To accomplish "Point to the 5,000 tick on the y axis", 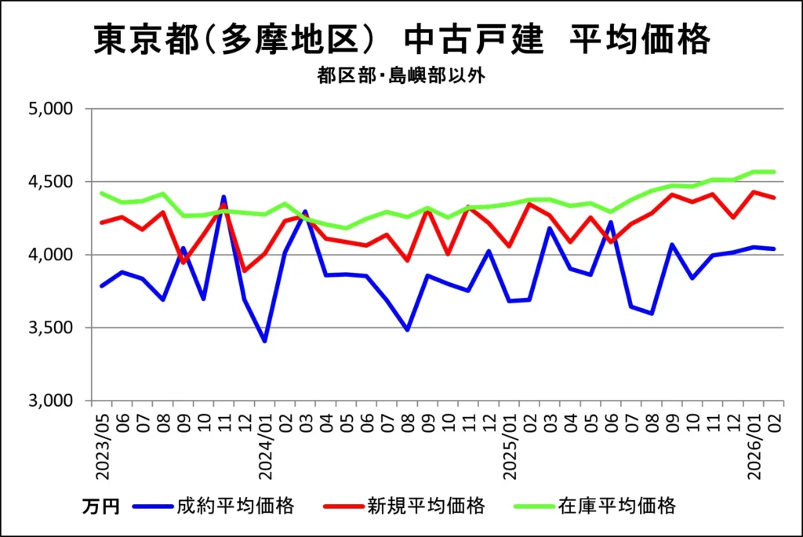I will (x=50, y=109).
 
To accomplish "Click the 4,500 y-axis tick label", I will (x=50, y=182).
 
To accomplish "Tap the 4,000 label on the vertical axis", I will (x=50, y=255).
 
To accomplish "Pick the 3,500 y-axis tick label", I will (x=50, y=328).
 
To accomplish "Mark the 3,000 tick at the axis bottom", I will (x=50, y=401).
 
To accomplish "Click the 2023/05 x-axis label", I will (x=102, y=443).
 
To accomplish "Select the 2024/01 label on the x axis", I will (x=265, y=443).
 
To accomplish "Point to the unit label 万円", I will (x=100, y=506).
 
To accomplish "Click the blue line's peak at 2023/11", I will (x=223, y=198).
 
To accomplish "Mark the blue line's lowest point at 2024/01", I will (x=265, y=341).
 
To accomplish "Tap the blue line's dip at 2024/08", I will (x=407, y=329).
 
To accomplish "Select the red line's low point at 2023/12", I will (x=244, y=271).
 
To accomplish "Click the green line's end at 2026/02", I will (x=775, y=172).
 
